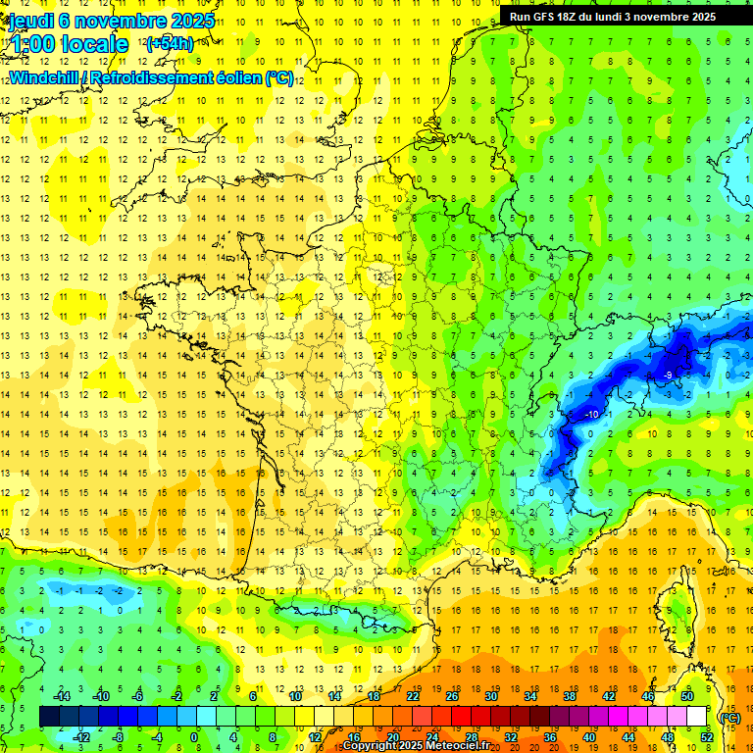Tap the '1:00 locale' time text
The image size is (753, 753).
(69, 44)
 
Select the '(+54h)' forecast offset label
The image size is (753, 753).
(170, 43)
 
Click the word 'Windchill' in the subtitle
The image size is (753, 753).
(44, 77)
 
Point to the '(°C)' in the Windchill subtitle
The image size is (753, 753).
(278, 77)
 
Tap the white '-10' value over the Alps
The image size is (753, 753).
(591, 415)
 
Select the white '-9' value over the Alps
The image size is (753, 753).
(667, 376)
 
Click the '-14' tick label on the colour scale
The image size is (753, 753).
(63, 696)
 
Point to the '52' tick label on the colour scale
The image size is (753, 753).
(707, 737)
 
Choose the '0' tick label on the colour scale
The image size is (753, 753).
(193, 737)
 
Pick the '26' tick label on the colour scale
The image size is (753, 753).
(452, 696)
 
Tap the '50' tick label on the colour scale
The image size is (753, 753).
(687, 696)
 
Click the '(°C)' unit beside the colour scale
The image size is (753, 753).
(729, 717)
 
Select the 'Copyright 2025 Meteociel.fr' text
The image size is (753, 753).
(416, 746)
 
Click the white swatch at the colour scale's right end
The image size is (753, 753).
(696, 717)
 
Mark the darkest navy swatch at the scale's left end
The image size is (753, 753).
(49, 717)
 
